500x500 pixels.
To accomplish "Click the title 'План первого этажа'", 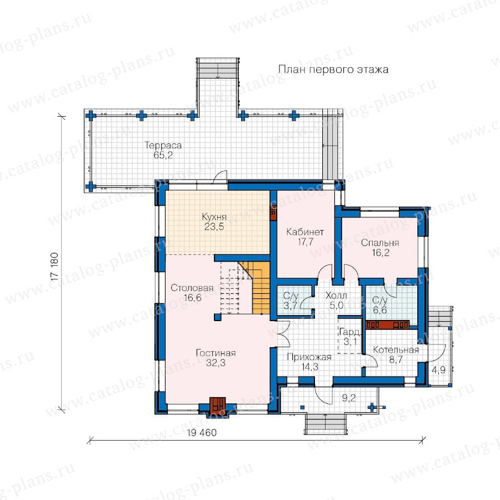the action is coord(333,69).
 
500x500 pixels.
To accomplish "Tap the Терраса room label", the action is coord(163,146).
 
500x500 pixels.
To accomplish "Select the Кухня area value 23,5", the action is coord(214,227).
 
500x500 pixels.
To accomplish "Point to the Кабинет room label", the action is coord(305,232).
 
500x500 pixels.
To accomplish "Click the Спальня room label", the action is coord(380,243).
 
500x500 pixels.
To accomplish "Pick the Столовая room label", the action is coord(192,288).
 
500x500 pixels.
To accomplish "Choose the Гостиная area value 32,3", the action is coord(216,363).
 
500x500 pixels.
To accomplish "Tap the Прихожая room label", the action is coord(309,357).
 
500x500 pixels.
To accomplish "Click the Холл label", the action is coord(336,296).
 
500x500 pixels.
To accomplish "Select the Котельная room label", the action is coord(396,350).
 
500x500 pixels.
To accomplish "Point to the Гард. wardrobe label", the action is coord(350,333).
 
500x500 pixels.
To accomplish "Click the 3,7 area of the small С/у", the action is coord(290,306).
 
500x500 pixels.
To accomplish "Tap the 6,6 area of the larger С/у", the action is coord(379,309).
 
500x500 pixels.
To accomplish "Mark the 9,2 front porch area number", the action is coord(348,398).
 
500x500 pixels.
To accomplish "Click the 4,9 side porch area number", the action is coord(439,370).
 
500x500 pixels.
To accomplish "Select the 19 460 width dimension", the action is coord(202,433).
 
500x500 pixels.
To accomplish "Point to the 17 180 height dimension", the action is coord(54,267).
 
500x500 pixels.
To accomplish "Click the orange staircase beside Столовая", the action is coord(257,287).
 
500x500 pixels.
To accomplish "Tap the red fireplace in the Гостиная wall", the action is coord(217,405).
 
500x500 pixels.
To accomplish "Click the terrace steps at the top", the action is coord(217,68).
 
